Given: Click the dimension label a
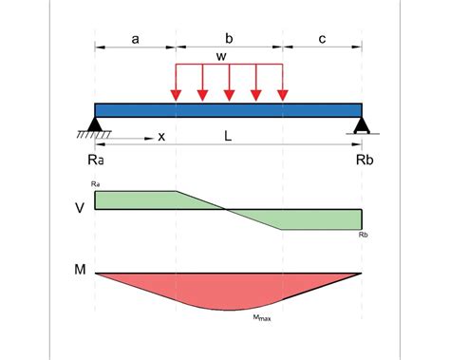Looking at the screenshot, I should pos(135,39).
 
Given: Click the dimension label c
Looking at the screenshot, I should pos(323,39).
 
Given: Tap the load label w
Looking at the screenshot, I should pos(221,57).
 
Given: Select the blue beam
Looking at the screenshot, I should pos(228,109).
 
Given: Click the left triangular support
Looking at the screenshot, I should pos(95,123).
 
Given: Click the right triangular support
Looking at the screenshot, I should pos(362,123).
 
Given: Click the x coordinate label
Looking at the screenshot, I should pos(161,137).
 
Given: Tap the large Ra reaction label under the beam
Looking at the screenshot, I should pos(95,161).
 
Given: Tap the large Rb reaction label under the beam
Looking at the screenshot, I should pos(365,161).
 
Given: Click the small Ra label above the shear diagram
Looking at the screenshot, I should pos(95,182).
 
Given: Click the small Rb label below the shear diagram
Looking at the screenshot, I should pos(365,234).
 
